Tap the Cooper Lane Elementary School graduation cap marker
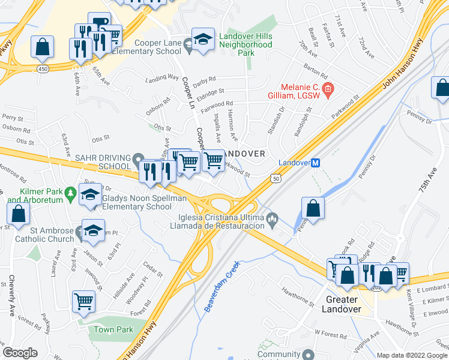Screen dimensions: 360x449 point(203,39)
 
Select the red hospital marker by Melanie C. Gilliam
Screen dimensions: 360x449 point(328,90)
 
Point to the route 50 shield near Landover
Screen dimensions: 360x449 point(276,178)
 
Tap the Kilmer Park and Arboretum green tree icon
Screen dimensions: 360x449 point(71,194)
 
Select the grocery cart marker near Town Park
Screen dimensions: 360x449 point(83,302)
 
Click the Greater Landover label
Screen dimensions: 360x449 point(342,304)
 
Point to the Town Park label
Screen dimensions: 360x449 point(113,329)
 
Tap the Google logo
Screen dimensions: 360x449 point(20,353)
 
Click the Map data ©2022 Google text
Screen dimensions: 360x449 point(412,355)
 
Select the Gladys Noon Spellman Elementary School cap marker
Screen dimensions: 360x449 point(91,195)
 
